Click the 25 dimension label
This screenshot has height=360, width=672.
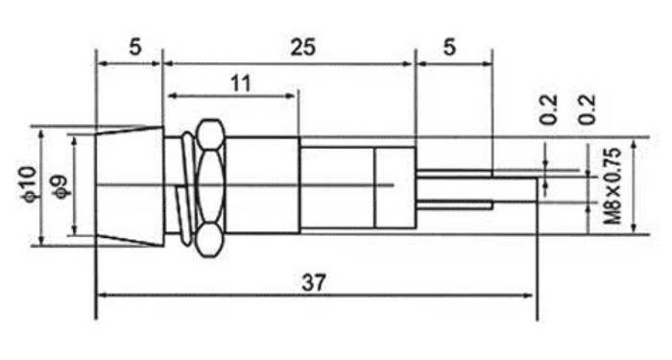click(302, 47)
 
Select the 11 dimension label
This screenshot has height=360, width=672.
click(240, 84)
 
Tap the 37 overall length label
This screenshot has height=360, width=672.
click(314, 282)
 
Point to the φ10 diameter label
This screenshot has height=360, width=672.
click(29, 184)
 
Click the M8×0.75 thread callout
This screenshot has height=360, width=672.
click(612, 186)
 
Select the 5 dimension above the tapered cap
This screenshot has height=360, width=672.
click(134, 47)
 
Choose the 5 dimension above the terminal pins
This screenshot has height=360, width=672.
click(448, 47)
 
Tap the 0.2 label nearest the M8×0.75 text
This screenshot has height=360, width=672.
click(588, 108)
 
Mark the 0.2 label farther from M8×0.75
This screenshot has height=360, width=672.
click(549, 108)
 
